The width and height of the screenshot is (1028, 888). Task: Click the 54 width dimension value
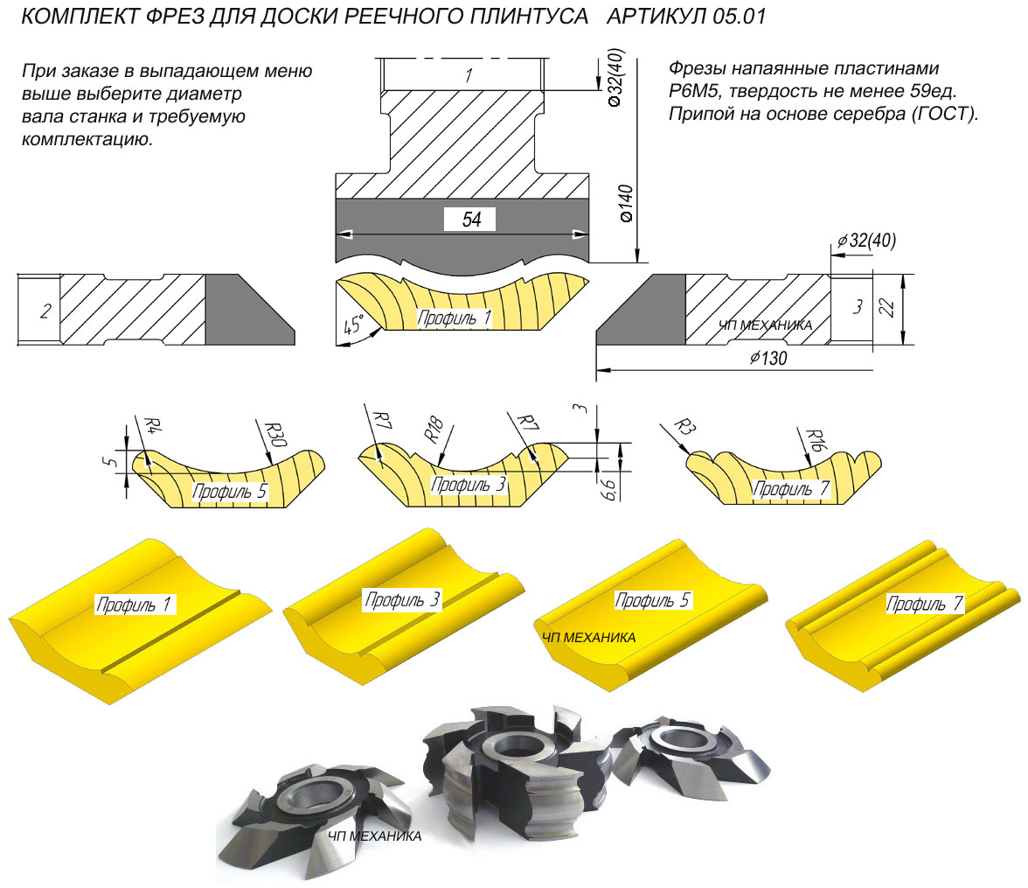coord(470,220)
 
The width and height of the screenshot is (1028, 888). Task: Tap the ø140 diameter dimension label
coord(626,204)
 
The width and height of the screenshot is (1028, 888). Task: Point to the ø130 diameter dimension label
coord(768,358)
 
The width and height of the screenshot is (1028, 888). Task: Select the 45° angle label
coord(354,325)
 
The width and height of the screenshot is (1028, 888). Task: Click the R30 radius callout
coord(276,435)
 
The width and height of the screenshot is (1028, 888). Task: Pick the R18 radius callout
coord(434,430)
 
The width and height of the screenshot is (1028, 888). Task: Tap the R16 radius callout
coord(815,440)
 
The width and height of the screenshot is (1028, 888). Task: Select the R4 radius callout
coord(152,425)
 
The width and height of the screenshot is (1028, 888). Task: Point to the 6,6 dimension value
coord(609,489)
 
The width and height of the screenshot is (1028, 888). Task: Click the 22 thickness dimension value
coord(886,307)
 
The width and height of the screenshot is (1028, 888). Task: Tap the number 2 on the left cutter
coord(45,311)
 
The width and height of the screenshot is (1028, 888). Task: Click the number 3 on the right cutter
coord(858,306)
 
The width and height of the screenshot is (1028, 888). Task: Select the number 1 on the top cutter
coord(469,75)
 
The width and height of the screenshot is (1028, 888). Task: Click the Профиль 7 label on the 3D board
coord(925,604)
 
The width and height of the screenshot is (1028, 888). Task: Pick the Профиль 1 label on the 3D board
coord(134,605)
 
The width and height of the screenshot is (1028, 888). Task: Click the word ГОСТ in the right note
coord(942,114)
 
